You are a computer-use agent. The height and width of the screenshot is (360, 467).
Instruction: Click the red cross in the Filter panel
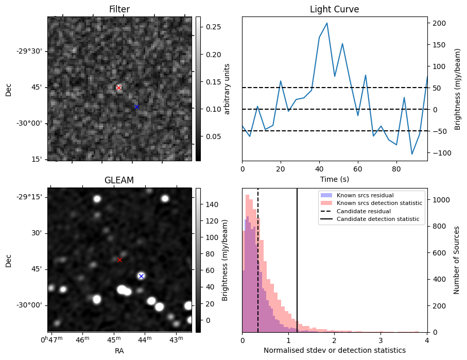coord(119,88)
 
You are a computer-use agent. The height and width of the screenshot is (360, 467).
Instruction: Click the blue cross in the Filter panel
coord(136,107)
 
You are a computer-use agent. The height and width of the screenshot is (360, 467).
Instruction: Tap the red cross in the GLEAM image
coord(120,260)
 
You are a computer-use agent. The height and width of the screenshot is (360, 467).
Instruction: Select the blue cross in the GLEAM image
coord(141,276)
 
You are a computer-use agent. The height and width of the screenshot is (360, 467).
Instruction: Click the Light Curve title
coord(335,9)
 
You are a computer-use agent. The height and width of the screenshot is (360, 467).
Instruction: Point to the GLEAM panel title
coord(119,180)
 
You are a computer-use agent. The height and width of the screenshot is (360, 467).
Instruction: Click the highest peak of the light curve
coord(327,23)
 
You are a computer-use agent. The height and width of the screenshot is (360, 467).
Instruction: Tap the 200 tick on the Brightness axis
coord(439,23)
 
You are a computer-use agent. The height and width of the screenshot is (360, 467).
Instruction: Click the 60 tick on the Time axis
coord(358,169)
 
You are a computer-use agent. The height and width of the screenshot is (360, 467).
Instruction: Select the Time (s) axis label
coord(335,179)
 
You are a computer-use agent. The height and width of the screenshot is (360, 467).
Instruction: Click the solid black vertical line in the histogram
coord(297,260)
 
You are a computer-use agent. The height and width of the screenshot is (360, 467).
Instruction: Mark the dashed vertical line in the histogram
coord(258,260)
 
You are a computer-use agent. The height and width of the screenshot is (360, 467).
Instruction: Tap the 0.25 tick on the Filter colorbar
coord(213,27)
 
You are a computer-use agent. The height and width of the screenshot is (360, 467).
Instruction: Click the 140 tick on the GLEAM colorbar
coord(212,204)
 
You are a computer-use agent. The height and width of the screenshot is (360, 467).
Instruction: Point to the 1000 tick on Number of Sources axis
coord(439,200)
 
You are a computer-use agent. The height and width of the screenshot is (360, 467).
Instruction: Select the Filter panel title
coord(119,9)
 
